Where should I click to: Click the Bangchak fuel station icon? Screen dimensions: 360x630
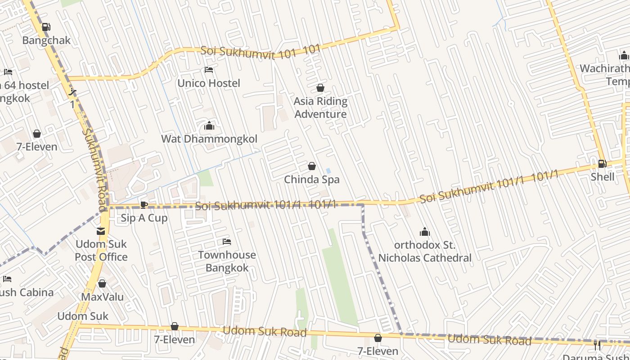(x=46, y=27)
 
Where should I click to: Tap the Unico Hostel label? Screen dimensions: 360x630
(x=209, y=83)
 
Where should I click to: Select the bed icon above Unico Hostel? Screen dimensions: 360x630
(x=209, y=70)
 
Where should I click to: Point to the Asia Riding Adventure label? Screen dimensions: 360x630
(x=320, y=108)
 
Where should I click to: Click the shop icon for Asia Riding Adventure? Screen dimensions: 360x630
(x=320, y=88)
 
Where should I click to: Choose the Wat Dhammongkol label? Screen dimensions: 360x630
(x=209, y=139)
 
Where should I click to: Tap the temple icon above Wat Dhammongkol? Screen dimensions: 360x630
(x=209, y=126)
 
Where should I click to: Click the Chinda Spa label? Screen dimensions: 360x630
(x=311, y=180)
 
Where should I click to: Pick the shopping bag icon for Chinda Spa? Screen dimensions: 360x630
(x=312, y=166)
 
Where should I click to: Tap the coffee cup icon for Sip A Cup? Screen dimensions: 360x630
(x=144, y=205)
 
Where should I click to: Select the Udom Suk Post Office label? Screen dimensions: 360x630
(x=101, y=251)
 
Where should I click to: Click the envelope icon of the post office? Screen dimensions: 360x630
(x=101, y=231)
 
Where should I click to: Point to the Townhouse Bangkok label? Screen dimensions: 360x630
(x=227, y=261)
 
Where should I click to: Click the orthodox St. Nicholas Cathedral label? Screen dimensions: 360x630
(x=425, y=252)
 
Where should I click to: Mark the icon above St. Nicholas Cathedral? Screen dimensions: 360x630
(x=425, y=232)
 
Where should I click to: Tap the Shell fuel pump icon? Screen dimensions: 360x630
(x=602, y=164)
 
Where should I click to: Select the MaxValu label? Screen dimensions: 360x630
(x=102, y=297)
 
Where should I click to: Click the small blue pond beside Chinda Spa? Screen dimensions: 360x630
(x=328, y=171)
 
